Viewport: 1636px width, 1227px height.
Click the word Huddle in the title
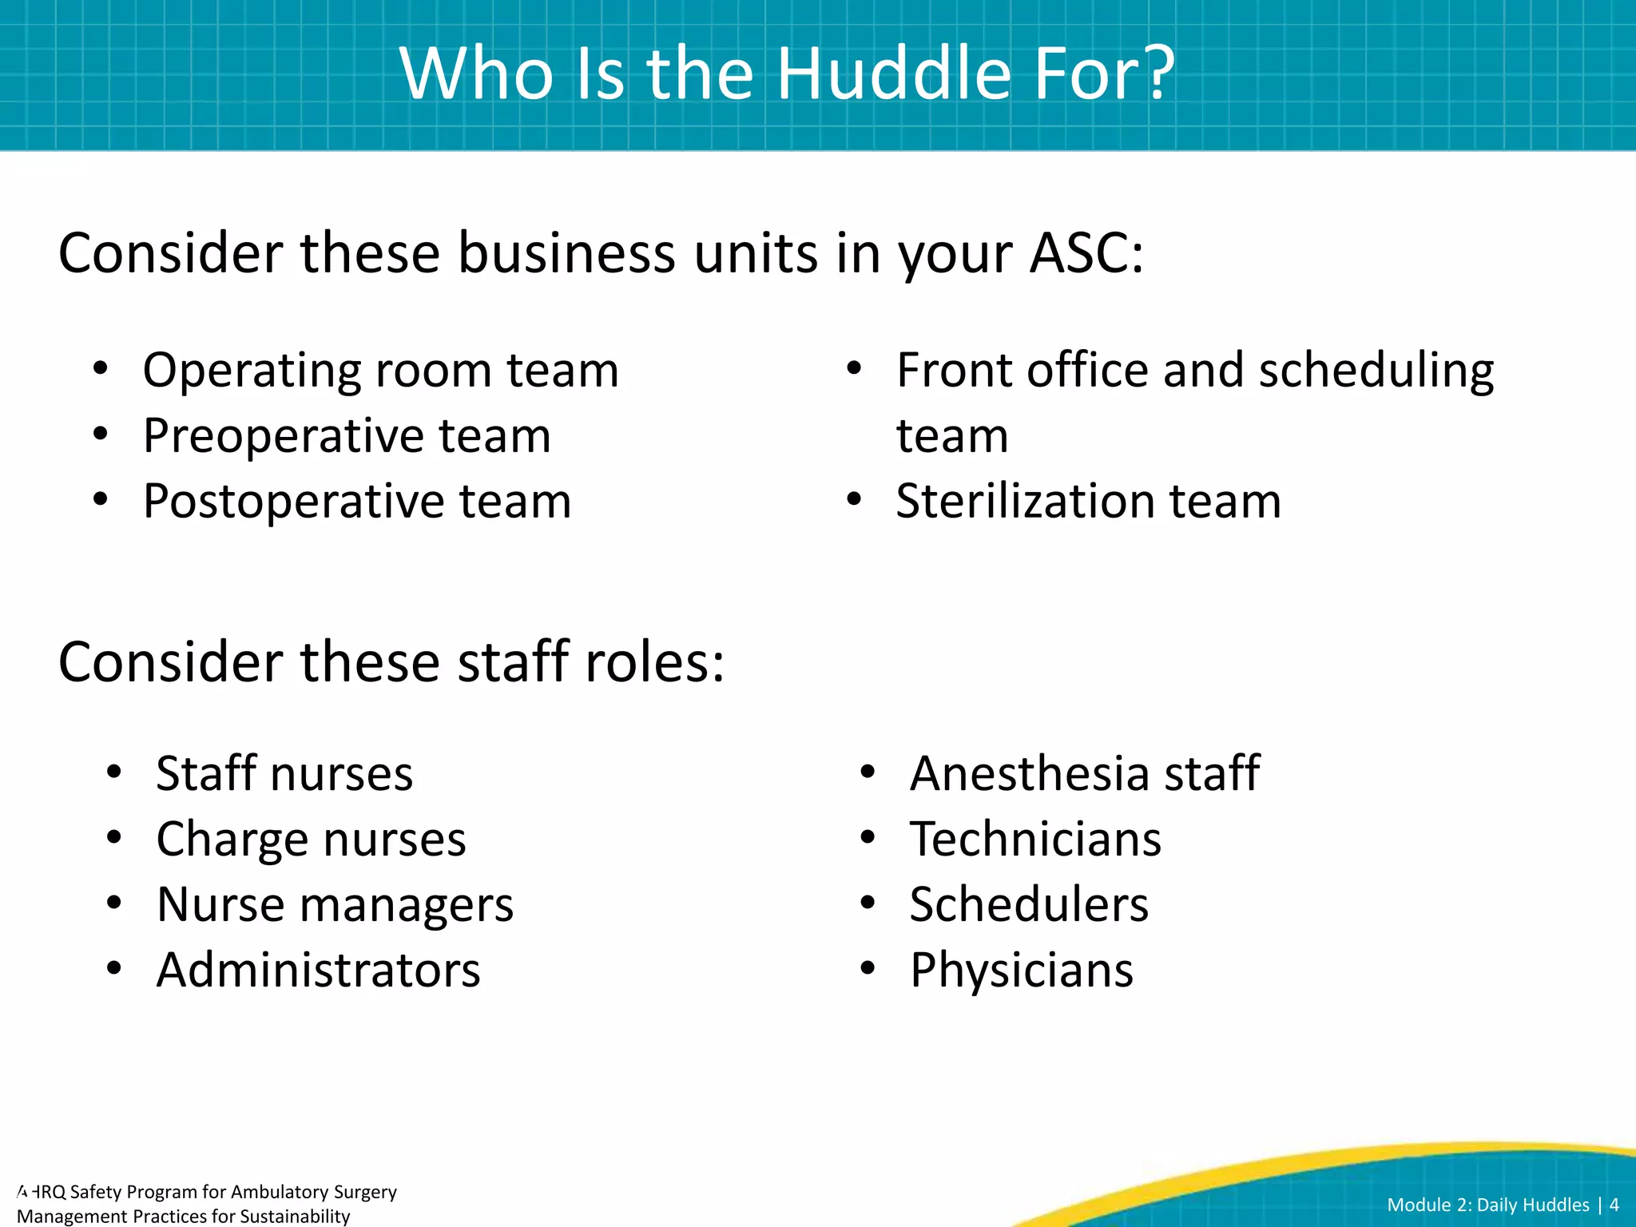tap(895, 73)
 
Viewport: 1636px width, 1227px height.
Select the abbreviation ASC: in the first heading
tap(1086, 253)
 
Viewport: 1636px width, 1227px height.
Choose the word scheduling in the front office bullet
tap(1376, 372)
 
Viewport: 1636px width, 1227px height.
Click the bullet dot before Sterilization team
tap(854, 501)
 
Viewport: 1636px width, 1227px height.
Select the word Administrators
tap(318, 971)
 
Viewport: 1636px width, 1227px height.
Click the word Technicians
tap(1035, 840)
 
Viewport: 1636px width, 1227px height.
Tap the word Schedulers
tap(1029, 905)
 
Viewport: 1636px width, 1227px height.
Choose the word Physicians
tap(1022, 971)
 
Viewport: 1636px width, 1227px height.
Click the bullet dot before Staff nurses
tap(114, 772)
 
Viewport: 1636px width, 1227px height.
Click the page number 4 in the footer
tap(1614, 1205)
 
